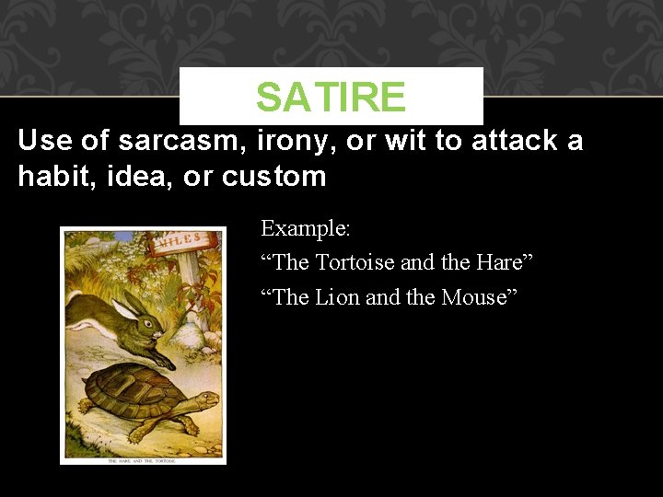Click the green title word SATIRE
(331, 97)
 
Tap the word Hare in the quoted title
(501, 262)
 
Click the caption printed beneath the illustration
(142, 458)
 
